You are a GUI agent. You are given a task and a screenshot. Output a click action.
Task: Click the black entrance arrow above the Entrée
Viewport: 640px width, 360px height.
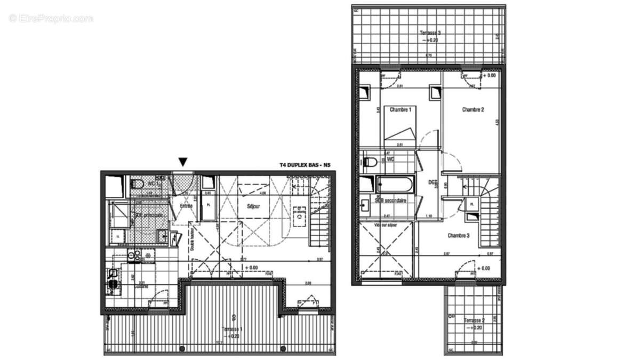(183, 162)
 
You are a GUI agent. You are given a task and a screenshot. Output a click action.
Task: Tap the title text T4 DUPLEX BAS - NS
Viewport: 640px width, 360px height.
(305, 165)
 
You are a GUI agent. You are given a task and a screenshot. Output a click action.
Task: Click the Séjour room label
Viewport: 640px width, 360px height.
(253, 206)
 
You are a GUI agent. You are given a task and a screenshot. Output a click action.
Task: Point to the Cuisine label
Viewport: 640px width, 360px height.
(141, 286)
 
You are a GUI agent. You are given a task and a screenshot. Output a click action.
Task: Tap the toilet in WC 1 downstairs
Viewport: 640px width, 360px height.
(137, 185)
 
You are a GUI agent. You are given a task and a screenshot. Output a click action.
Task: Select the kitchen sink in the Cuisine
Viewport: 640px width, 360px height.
(113, 278)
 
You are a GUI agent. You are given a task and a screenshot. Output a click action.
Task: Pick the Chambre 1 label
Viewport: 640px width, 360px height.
(401, 110)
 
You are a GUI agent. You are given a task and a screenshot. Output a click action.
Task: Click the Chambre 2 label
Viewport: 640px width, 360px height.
(473, 110)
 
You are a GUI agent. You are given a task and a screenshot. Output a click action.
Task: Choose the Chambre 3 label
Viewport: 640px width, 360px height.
(458, 235)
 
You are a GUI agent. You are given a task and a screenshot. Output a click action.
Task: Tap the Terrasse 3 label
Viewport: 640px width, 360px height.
(428, 33)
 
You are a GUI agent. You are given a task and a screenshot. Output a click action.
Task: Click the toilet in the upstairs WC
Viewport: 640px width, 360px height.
(371, 161)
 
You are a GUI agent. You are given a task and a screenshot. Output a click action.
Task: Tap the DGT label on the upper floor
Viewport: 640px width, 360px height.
(433, 182)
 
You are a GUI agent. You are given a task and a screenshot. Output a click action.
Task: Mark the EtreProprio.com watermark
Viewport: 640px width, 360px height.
(51, 18)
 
